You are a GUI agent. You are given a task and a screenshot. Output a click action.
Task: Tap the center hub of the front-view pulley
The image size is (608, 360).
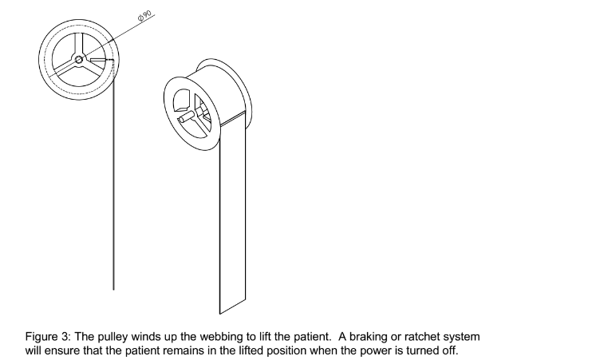coord(79,59)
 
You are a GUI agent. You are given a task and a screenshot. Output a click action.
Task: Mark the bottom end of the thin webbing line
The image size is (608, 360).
coord(114,288)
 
